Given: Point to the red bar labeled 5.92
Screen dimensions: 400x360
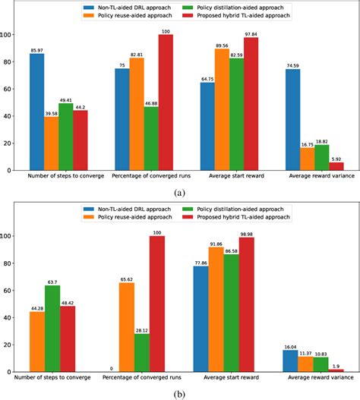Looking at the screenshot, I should click(337, 166).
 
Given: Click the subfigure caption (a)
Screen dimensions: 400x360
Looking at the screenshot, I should click(180, 194).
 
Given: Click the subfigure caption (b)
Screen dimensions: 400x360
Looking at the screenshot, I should click(180, 392).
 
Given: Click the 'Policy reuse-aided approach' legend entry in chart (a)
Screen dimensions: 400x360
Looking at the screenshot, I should click(131, 16).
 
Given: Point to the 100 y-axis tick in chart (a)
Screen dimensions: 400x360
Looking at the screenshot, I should click(11, 35).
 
